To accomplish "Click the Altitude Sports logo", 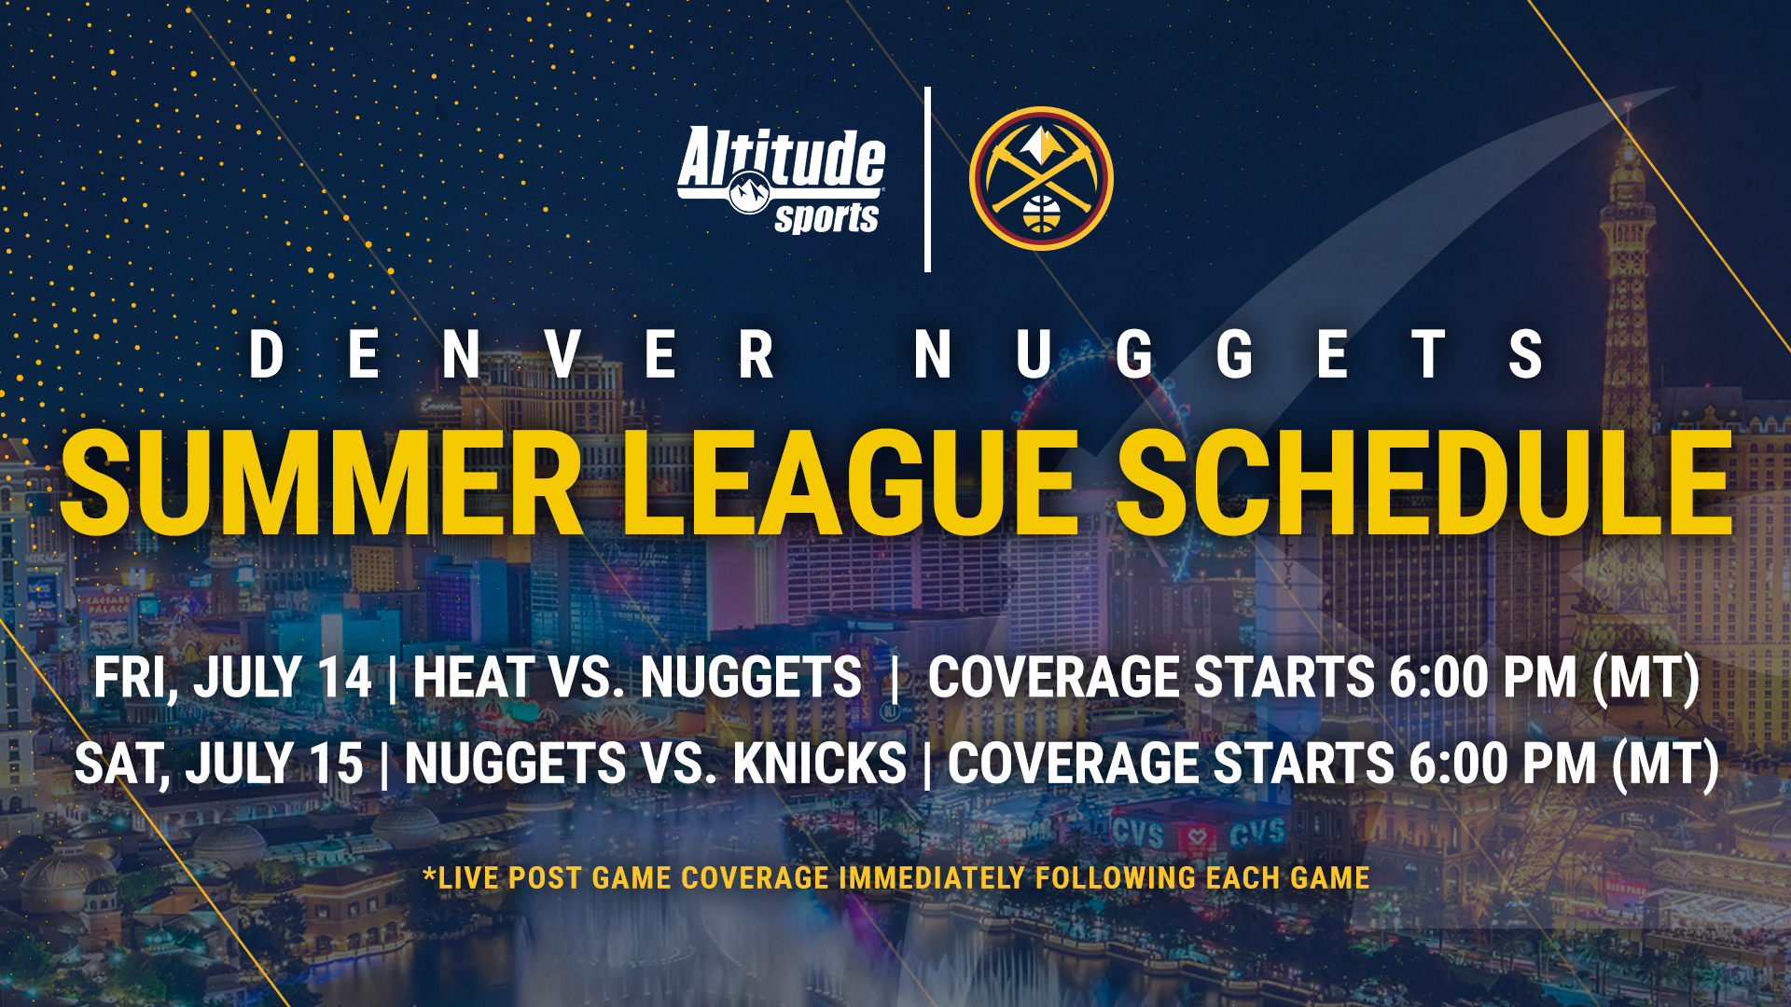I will click(x=782, y=179).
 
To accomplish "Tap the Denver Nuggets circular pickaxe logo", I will click(x=1041, y=178).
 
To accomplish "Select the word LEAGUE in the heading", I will click(x=849, y=485).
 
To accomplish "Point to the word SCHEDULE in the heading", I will click(x=1424, y=485).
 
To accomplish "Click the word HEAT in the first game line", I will click(x=472, y=678).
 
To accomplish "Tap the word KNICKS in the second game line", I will click(x=819, y=765).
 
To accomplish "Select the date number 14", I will click(x=344, y=678).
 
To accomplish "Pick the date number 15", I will click(x=336, y=765).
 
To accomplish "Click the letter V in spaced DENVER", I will click(x=563, y=355).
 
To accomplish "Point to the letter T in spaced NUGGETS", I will click(x=1428, y=355).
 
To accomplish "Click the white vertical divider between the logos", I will click(x=927, y=179).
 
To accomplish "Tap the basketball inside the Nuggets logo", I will click(x=1041, y=214).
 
